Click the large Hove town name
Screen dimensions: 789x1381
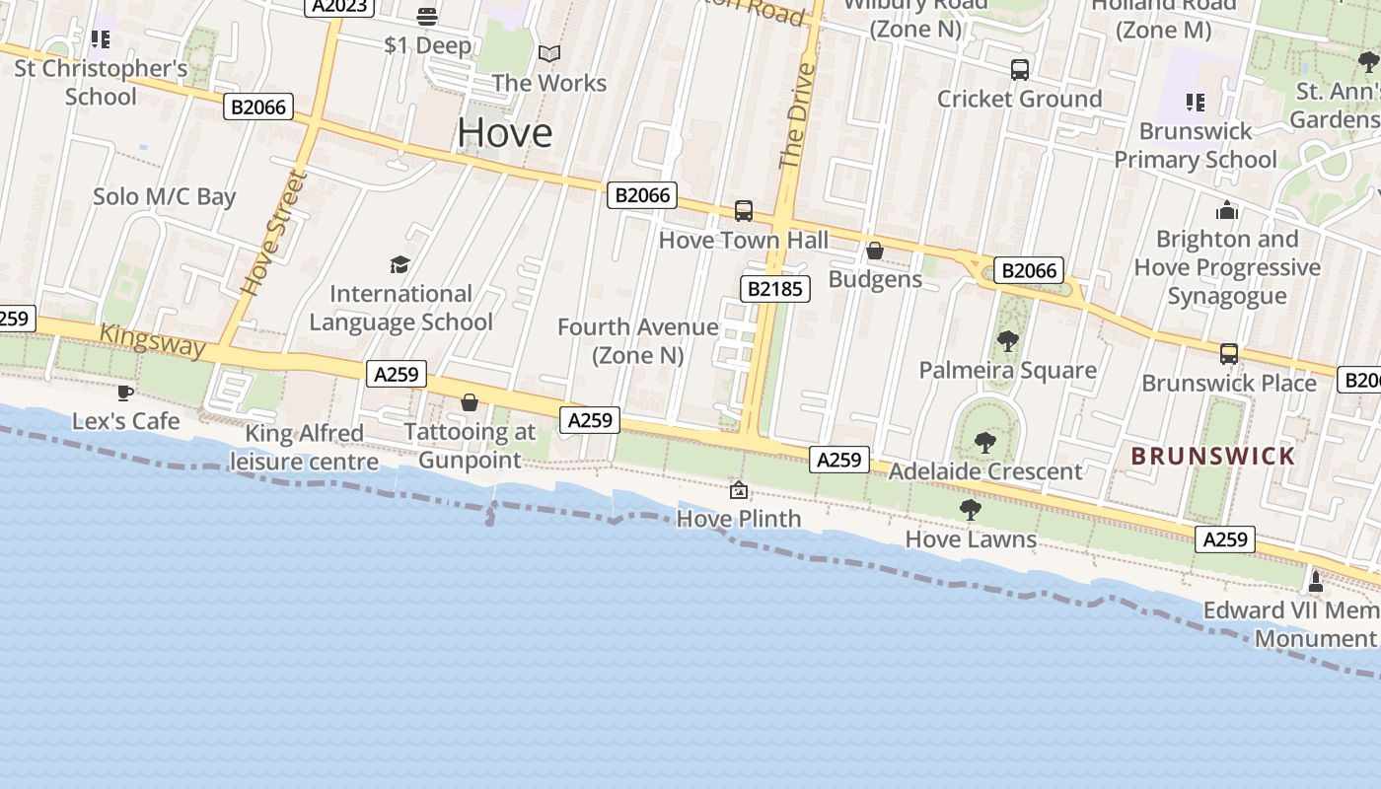504,133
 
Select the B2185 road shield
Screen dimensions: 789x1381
775,289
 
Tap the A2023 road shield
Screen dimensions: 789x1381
339,6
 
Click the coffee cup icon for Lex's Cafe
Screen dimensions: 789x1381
125,393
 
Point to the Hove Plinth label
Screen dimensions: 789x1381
739,519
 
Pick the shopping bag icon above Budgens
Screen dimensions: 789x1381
875,251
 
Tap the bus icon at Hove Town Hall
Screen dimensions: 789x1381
743,211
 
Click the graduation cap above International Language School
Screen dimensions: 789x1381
400,264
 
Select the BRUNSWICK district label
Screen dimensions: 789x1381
1212,456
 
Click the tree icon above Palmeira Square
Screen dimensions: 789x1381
1007,341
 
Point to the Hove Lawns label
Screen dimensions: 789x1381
971,539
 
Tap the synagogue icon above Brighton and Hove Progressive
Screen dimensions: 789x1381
1227,210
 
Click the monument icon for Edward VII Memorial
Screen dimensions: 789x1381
1315,581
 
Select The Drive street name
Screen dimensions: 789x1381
797,116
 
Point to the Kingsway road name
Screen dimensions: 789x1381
153,341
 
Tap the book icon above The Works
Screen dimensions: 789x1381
549,53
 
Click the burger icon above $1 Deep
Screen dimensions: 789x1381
427,17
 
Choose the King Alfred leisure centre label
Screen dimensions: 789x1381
304,447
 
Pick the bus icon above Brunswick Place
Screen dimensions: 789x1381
1229,354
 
